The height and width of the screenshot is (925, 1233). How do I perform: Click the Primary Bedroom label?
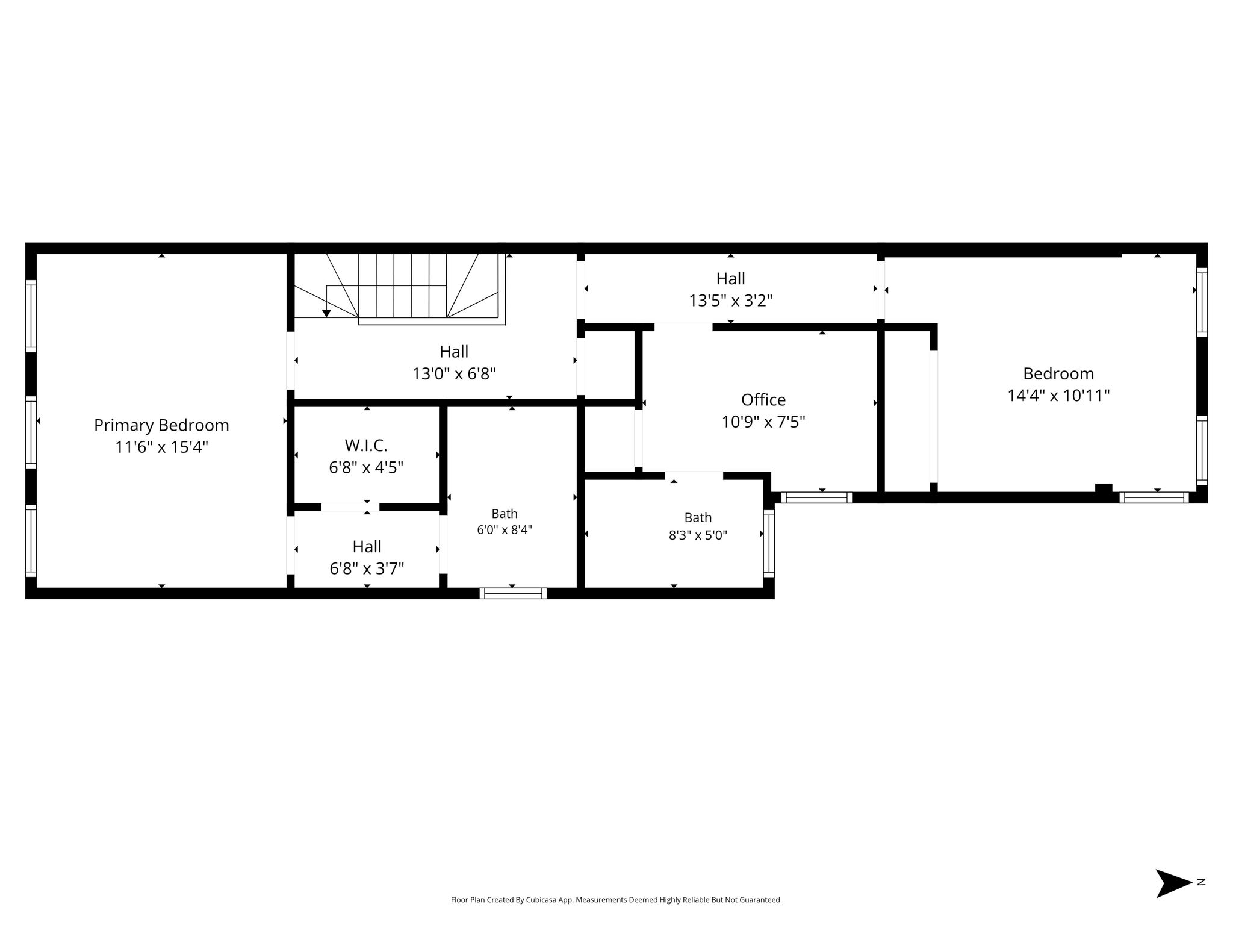point(161,425)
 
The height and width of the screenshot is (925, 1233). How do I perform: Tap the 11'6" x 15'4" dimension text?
point(161,447)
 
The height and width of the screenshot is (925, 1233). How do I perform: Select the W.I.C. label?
point(366,446)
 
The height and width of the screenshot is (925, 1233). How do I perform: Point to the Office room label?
point(763,400)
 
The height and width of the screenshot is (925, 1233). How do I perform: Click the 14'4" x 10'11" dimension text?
point(1058,396)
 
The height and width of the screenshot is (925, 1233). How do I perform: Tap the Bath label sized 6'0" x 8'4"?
point(505,514)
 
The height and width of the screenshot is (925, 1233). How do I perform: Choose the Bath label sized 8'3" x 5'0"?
point(698,517)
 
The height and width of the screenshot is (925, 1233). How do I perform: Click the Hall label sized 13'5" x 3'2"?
point(731,279)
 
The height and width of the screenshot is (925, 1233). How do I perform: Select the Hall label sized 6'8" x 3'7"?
point(367,547)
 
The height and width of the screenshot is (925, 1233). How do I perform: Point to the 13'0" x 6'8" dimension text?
point(454,374)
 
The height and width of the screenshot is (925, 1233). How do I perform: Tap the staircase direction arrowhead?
point(326,313)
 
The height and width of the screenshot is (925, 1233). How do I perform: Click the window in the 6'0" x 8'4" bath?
point(513,593)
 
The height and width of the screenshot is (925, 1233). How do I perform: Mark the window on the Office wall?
point(816,497)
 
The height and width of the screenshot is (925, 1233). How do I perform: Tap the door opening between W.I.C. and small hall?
point(350,507)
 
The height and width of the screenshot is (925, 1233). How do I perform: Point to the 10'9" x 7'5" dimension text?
point(763,422)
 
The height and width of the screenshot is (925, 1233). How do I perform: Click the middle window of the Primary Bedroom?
point(31,432)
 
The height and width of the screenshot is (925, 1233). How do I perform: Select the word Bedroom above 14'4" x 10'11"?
point(1058,373)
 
